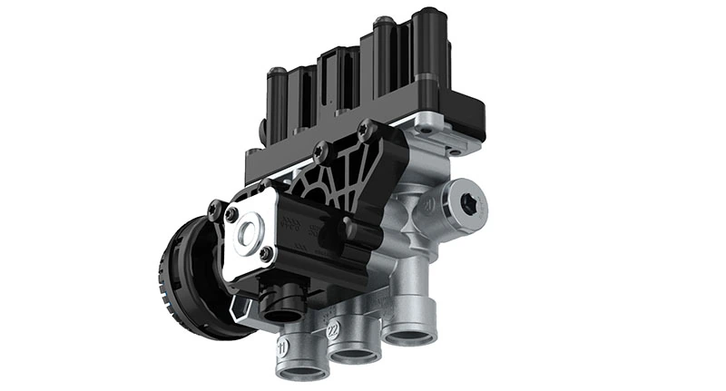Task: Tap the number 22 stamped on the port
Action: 334,326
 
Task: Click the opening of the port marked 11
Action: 299,371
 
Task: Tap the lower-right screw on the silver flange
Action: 266,254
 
